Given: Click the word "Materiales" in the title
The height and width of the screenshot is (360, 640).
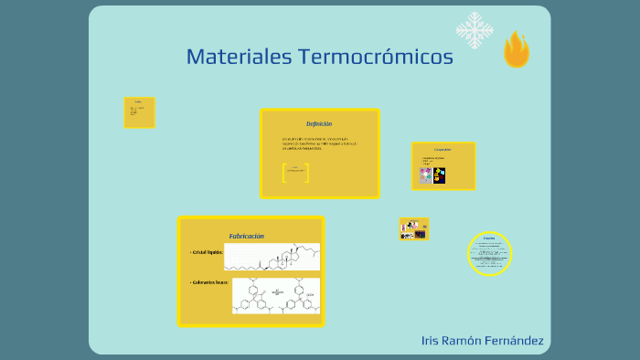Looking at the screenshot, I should point(237,57).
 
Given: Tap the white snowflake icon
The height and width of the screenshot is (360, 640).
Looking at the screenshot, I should point(474,30).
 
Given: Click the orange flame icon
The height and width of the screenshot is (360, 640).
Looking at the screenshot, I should point(516,49).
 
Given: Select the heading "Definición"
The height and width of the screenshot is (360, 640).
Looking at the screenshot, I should point(319,123).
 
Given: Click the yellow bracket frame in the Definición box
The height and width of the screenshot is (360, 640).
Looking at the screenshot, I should point(295,172).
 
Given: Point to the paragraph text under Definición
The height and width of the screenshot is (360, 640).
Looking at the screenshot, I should point(319,143).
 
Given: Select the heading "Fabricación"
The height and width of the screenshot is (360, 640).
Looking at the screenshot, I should point(246,236).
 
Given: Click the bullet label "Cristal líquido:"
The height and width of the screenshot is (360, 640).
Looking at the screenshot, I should point(206,252).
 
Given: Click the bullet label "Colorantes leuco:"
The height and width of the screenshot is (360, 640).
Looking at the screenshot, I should point(209,282).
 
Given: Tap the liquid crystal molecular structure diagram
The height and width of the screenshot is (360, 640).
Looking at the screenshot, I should point(272,257).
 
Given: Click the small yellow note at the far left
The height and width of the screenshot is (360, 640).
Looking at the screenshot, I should point(139,112).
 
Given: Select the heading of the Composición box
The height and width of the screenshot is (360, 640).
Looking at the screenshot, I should point(443,150).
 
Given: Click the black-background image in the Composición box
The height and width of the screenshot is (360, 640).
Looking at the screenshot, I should point(439,175).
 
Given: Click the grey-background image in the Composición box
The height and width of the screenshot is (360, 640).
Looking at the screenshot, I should point(425,175).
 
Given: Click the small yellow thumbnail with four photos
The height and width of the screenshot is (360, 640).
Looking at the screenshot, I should point(413,229).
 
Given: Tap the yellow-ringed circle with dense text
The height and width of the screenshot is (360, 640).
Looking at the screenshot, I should point(489,253).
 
